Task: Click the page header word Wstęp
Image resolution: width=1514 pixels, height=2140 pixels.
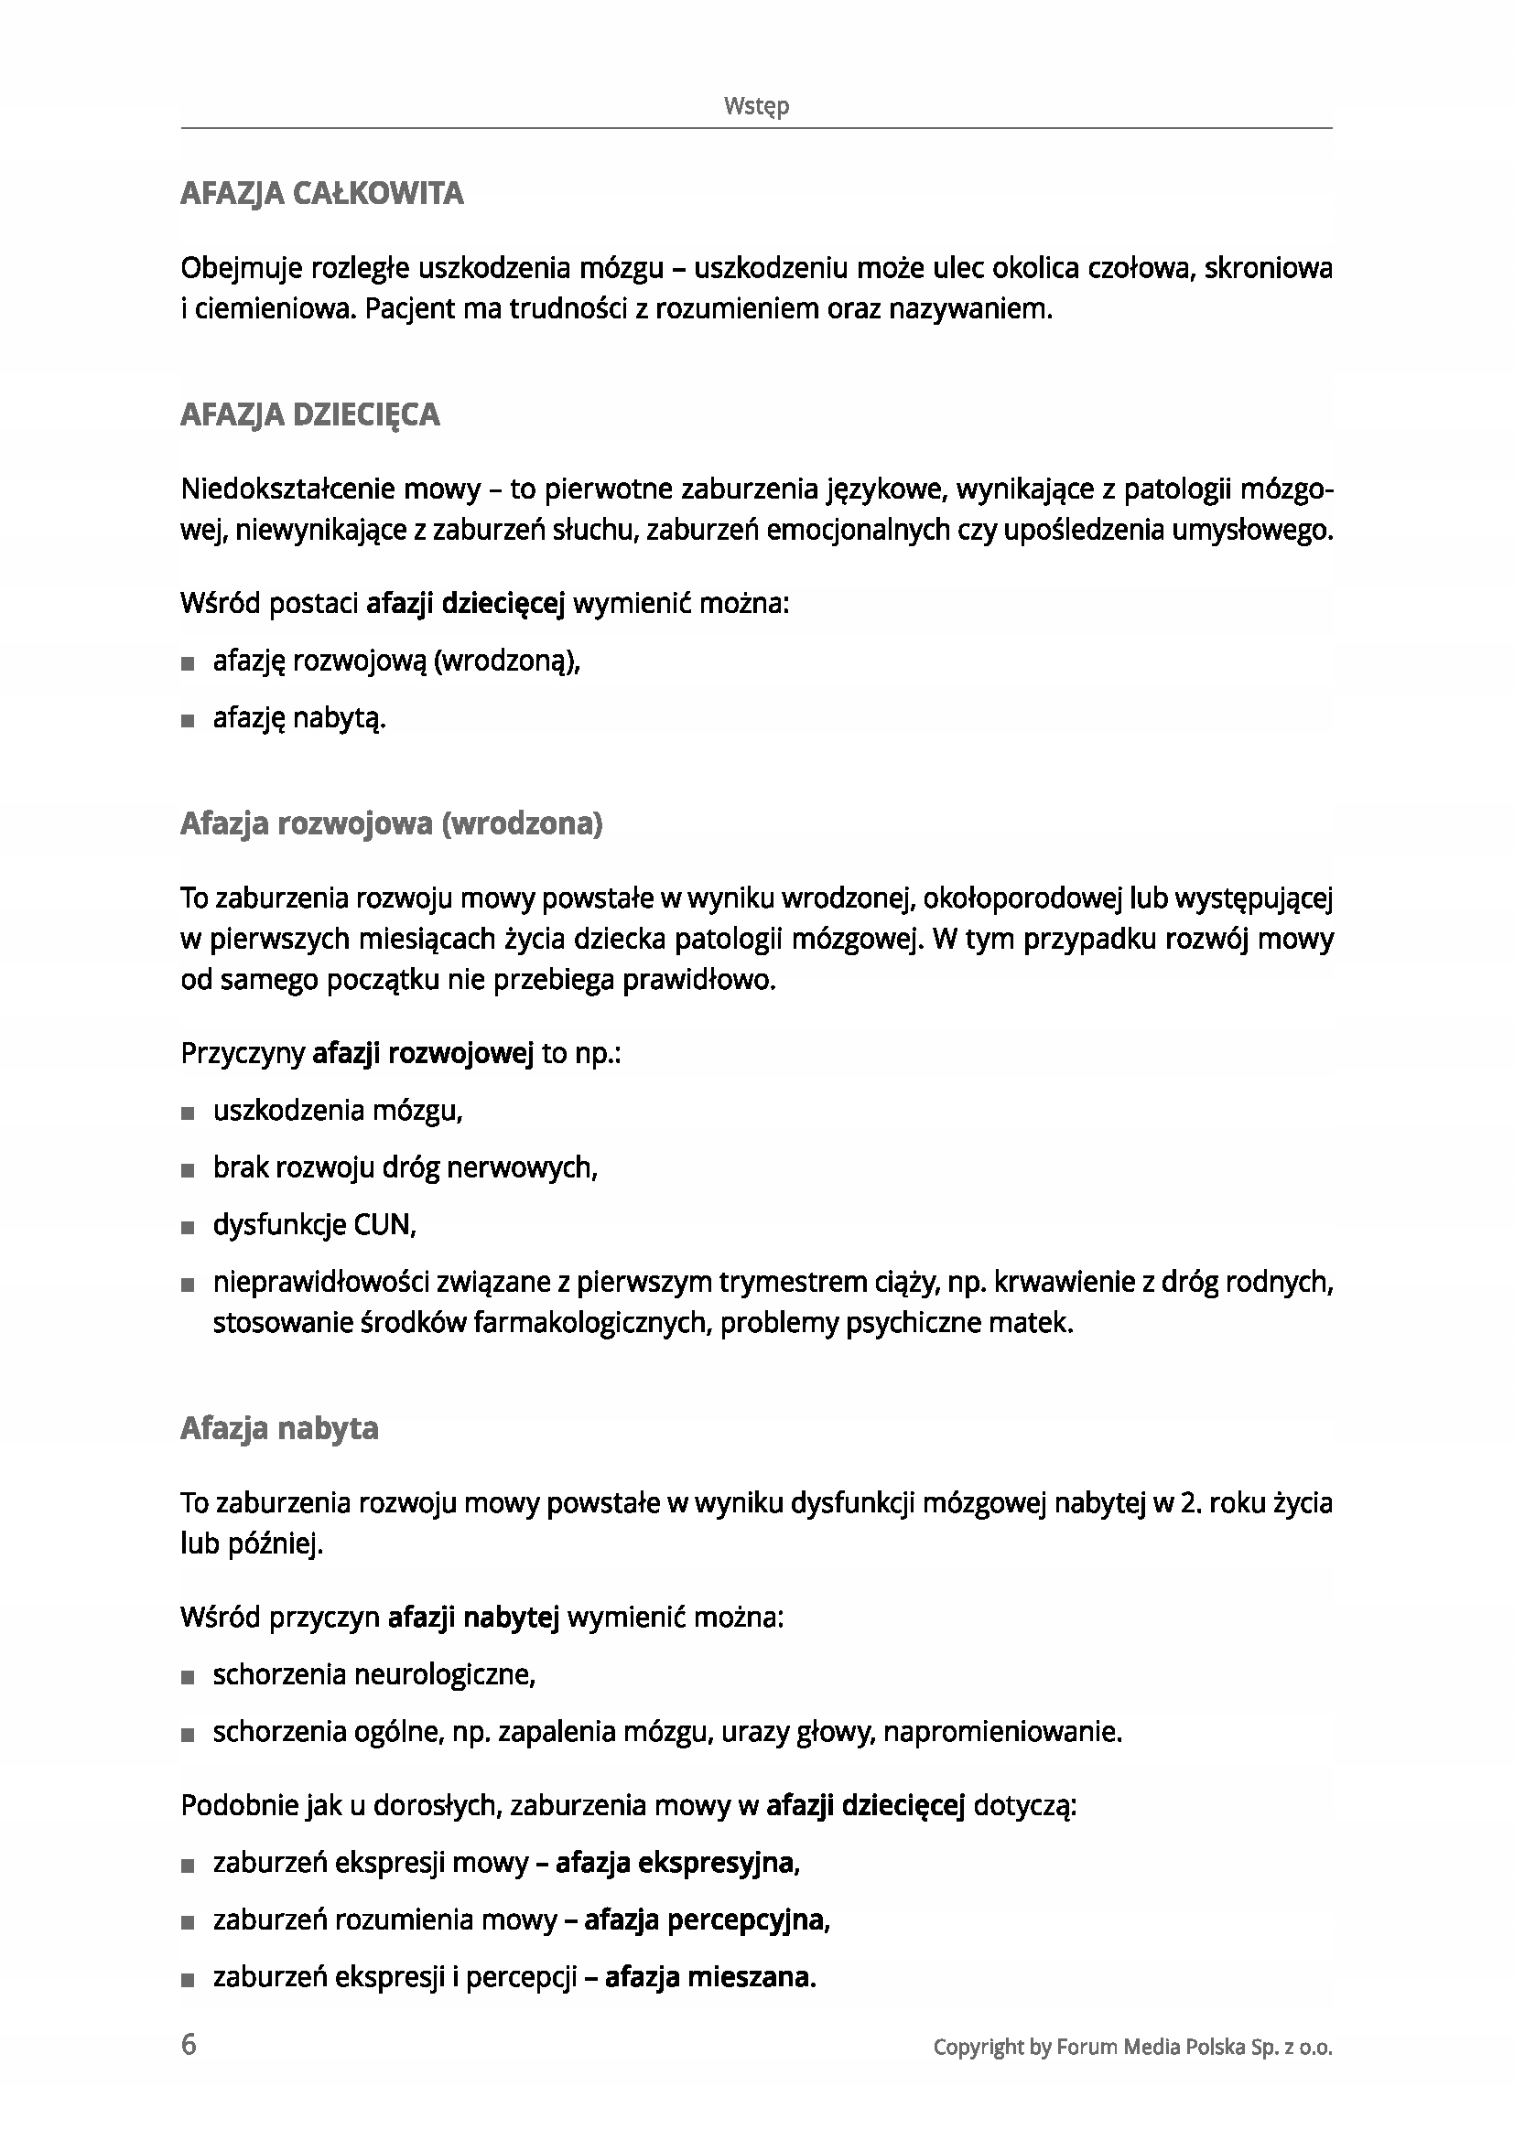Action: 756,106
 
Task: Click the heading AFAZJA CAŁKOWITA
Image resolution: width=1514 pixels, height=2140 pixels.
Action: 321,194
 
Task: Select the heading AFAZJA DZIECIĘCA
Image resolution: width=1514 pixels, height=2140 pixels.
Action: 309,414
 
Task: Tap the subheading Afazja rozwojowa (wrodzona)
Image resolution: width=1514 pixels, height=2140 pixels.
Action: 392,824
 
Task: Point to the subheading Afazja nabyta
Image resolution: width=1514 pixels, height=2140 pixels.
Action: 280,1428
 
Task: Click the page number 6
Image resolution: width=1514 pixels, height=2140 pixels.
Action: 189,2044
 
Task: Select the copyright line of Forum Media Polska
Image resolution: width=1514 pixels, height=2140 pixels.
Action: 1131,2047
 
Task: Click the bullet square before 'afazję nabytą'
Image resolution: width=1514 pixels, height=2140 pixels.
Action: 189,721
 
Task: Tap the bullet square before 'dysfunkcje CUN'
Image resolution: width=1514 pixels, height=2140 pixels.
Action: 189,1228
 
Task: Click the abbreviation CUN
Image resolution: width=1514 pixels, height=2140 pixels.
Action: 383,1225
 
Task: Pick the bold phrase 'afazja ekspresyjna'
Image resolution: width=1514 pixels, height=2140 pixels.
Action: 675,1862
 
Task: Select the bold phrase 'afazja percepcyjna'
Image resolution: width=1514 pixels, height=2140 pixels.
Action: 705,1920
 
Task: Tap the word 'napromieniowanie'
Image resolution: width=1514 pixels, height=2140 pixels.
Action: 1001,1732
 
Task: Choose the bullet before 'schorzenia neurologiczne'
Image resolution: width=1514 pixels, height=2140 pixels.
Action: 189,1678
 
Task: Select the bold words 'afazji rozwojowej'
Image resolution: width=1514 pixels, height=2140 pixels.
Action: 422,1054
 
